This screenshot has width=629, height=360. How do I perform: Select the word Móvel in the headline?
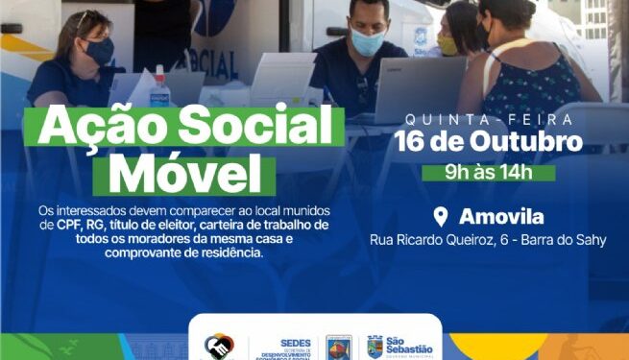click(x=183, y=174)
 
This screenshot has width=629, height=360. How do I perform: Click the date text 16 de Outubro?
click(x=489, y=142)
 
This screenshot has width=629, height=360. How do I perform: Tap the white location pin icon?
click(x=441, y=215)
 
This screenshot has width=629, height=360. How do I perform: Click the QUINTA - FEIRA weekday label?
click(x=489, y=119)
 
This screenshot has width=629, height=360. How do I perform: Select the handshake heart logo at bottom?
click(x=218, y=345)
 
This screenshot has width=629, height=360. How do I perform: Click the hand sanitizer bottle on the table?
click(x=161, y=89)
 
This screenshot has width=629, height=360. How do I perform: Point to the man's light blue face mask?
click(x=368, y=42)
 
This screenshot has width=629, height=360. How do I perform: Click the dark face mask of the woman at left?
click(x=100, y=50)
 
